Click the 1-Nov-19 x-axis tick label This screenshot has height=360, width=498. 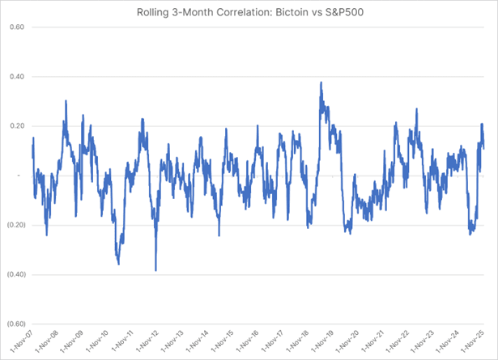pyautogui.click(x=332, y=343)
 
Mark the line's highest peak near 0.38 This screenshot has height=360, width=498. pyautogui.click(x=321, y=82)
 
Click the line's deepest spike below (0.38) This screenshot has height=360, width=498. pyautogui.click(x=155, y=270)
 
